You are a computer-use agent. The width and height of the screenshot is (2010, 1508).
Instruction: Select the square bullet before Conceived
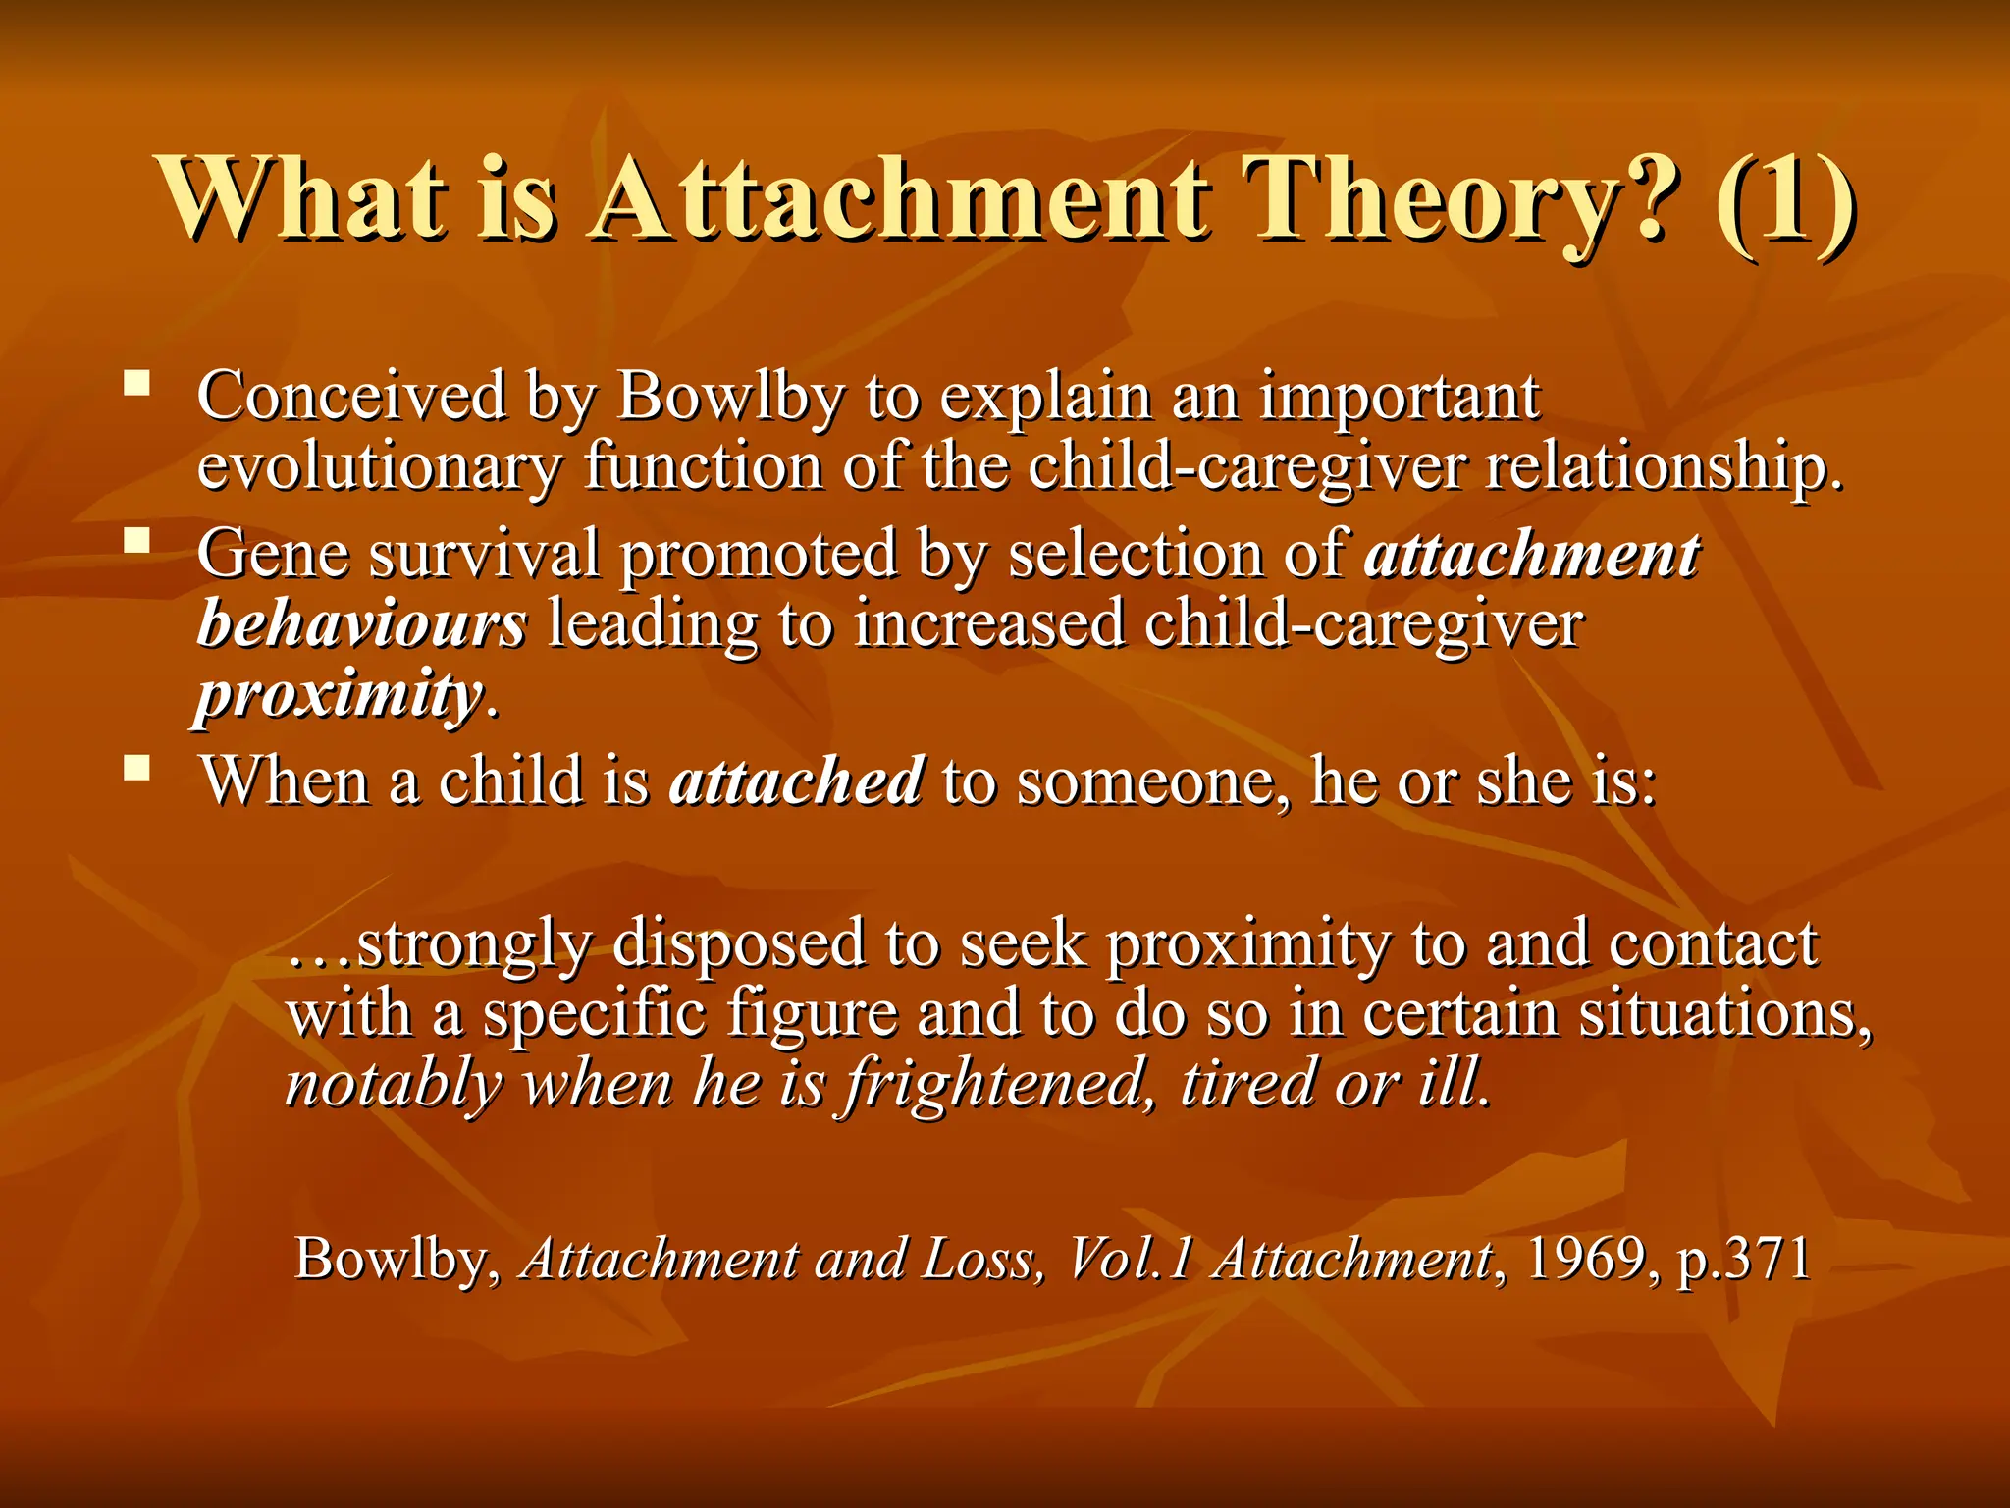137,382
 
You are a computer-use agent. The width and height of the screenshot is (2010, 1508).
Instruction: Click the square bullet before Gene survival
137,540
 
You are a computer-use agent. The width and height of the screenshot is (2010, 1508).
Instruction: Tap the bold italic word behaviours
362,624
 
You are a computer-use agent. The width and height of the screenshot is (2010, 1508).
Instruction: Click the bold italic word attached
796,781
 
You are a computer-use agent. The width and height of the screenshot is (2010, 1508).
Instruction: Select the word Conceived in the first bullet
351,397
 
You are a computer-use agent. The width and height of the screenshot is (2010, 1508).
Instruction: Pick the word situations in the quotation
1723,1014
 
